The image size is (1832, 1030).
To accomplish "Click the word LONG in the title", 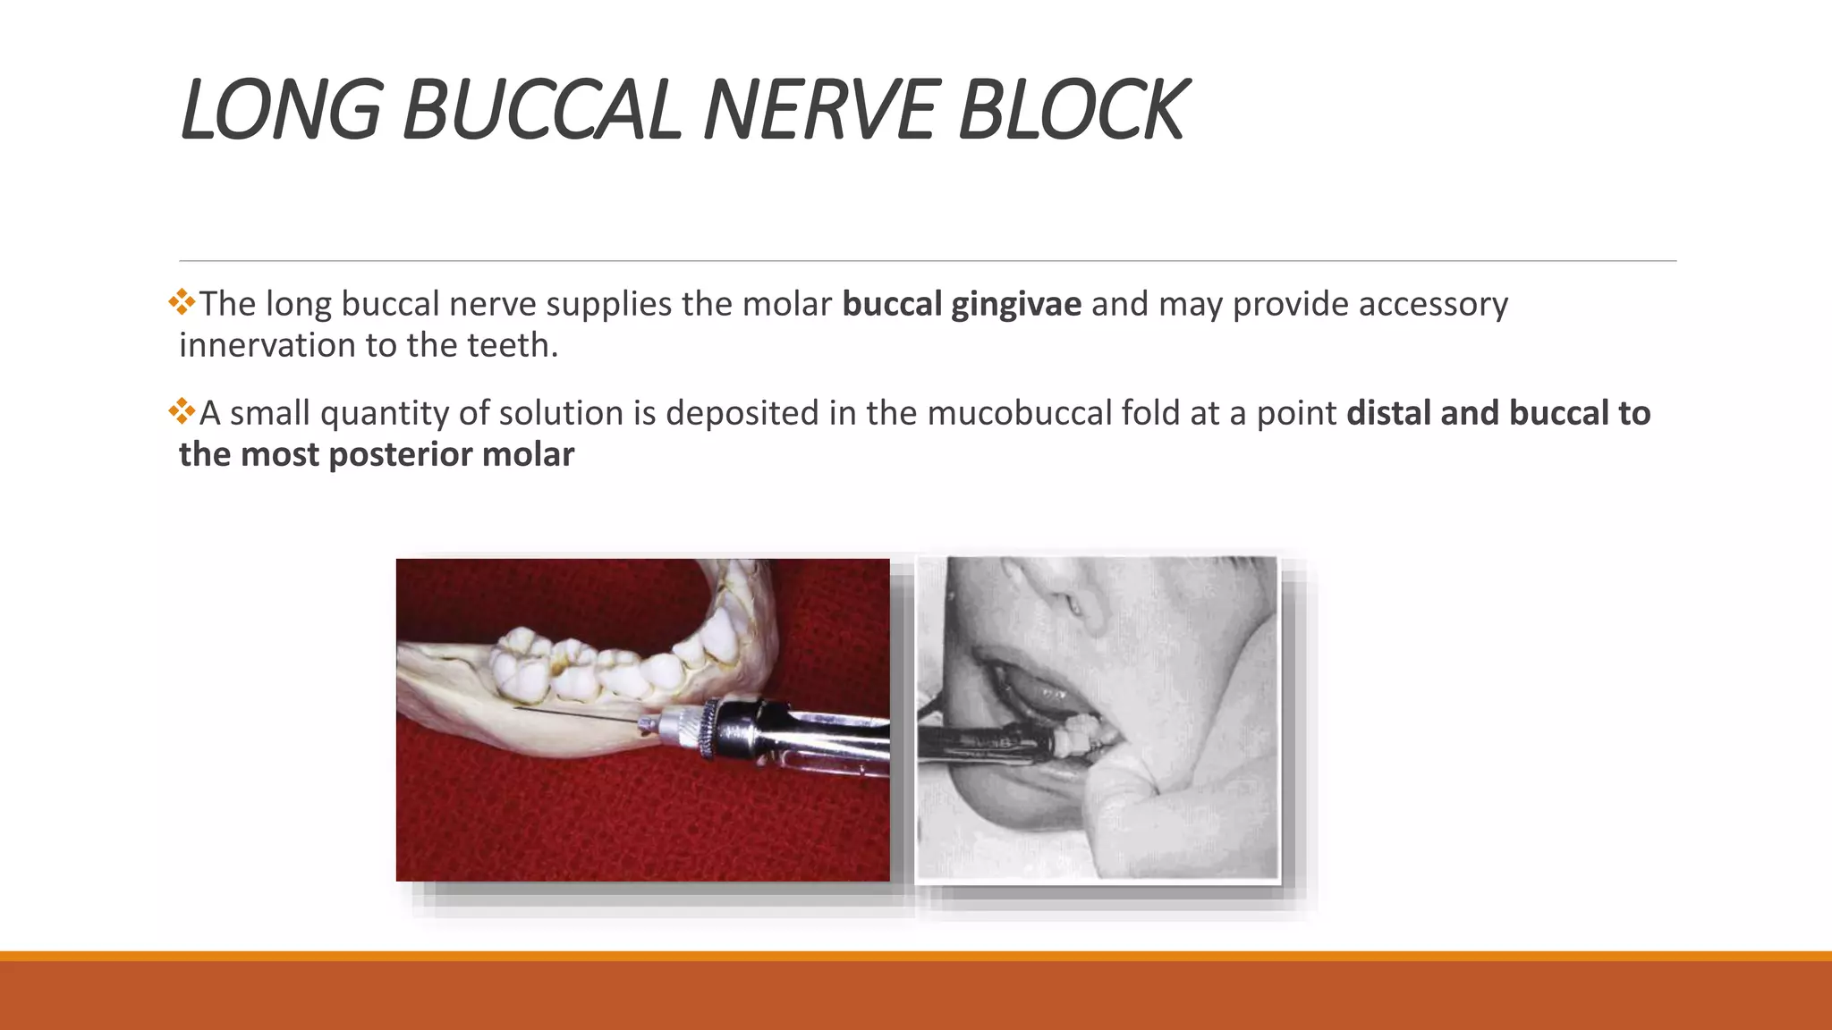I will tap(280, 111).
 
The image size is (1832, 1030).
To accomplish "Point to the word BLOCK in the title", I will tap(1072, 111).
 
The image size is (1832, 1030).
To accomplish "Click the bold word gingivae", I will tap(1016, 305).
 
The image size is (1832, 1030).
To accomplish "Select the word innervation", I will tap(266, 345).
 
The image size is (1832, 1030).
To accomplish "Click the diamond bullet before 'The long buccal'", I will tap(182, 302).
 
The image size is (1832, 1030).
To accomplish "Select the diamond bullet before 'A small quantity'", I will tap(182, 411).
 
